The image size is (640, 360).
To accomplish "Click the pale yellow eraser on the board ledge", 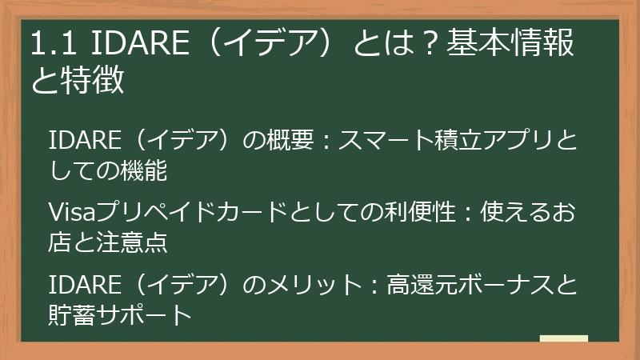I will pyautogui.click(x=565, y=338).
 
